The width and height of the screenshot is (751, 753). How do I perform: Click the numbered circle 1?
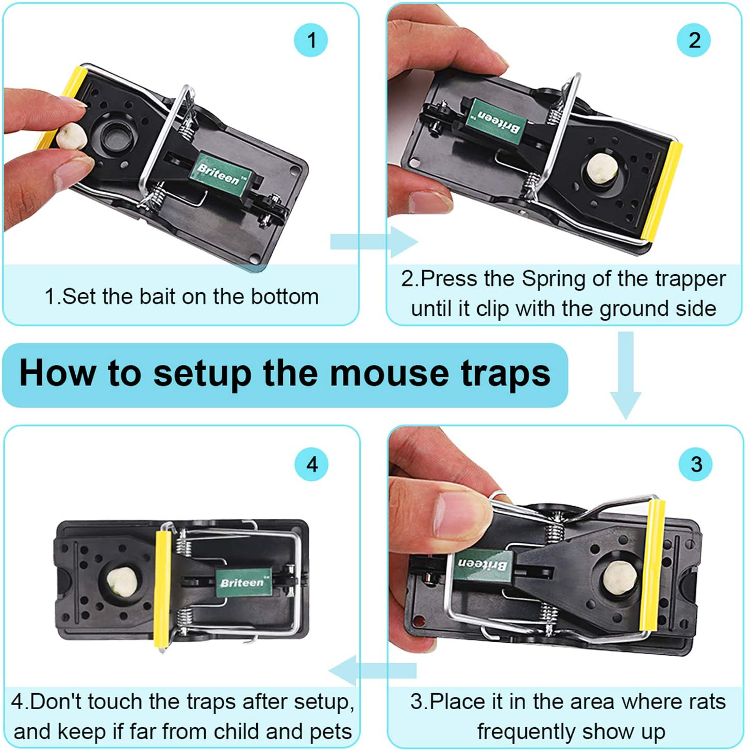(311, 40)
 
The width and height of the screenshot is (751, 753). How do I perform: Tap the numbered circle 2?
(694, 40)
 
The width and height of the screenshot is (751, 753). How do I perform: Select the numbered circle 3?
(696, 464)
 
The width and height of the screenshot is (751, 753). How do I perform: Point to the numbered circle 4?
(312, 464)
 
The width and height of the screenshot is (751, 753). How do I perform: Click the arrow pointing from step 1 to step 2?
(373, 241)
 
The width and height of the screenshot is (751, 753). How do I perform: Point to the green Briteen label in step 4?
(243, 583)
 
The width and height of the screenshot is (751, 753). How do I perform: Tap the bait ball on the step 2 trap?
(600, 169)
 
